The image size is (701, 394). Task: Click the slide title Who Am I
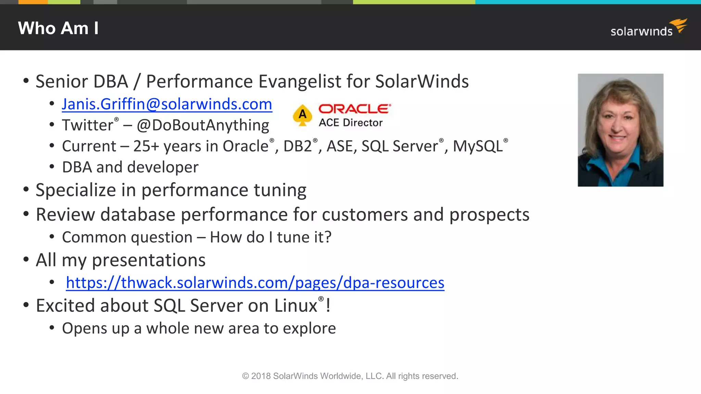click(58, 28)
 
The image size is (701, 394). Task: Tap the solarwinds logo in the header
click(648, 29)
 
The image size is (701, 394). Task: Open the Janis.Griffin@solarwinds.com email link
click(167, 104)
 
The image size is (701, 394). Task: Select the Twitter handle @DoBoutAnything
click(203, 125)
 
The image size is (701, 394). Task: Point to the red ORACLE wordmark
click(354, 109)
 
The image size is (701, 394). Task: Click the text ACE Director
click(350, 123)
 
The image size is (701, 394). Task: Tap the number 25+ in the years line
click(146, 146)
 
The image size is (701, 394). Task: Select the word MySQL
click(478, 146)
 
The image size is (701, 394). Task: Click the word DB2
click(297, 146)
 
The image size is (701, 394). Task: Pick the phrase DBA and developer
click(130, 167)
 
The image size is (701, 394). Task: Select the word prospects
click(489, 215)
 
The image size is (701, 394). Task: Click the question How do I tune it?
click(270, 237)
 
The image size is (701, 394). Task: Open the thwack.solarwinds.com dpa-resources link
click(255, 283)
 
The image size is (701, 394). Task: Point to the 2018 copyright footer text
click(350, 376)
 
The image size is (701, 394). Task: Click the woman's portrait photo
click(620, 130)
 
